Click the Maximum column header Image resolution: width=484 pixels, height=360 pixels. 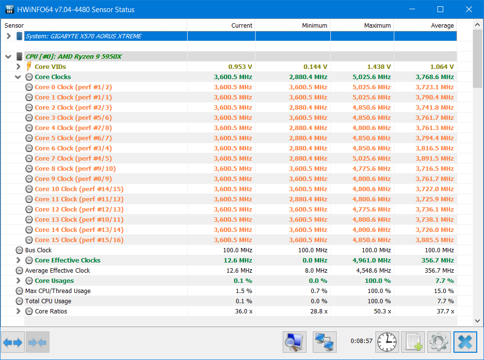pos(377,26)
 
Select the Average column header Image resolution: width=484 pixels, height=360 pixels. pos(442,26)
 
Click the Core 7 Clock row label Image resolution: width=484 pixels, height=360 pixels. pos(73,158)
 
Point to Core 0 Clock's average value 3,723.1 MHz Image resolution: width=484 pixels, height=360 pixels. pos(435,87)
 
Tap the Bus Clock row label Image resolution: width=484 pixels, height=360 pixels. pos(38,250)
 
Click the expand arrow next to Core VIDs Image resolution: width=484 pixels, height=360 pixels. pos(18,66)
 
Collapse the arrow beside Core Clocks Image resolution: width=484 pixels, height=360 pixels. pos(18,77)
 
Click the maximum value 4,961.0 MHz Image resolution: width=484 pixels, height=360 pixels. pos(371,260)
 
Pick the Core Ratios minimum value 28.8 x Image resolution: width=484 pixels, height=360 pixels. pos(319,311)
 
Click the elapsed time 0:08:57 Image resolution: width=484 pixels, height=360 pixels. pos(361,341)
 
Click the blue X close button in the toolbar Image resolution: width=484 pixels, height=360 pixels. pos(465,342)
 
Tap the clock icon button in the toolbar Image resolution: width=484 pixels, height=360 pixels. pos(387,342)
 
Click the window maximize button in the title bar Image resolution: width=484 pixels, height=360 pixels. pos(440,9)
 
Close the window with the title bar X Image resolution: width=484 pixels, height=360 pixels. pos(469,9)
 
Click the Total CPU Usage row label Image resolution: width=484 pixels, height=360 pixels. pos(48,301)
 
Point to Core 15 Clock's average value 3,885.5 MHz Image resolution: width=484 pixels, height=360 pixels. pos(435,240)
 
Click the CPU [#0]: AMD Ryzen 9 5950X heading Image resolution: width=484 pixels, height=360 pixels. pos(73,56)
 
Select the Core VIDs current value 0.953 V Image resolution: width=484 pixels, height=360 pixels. pos(240,66)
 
